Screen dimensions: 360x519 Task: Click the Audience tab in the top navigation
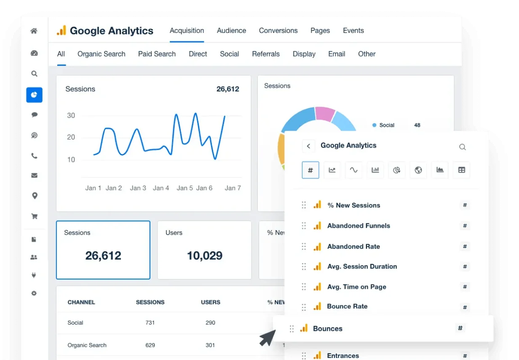pos(231,31)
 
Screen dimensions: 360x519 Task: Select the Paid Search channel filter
pos(157,54)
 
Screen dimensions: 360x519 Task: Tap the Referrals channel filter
pos(265,54)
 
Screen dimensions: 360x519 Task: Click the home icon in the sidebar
pos(34,31)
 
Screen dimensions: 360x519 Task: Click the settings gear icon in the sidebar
pos(34,293)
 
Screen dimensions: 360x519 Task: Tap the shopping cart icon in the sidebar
pos(34,217)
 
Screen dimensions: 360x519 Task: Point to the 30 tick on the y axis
pos(71,116)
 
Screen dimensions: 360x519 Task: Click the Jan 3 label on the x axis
pos(138,188)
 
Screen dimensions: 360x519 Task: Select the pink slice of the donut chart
pos(325,114)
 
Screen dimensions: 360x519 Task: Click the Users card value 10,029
pos(204,255)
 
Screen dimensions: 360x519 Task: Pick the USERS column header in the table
pos(210,302)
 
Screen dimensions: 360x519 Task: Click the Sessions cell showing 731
pos(150,323)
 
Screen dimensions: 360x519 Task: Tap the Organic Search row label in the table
pos(87,345)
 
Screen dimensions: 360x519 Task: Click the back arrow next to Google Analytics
pos(308,146)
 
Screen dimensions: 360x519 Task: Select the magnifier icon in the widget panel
pos(462,147)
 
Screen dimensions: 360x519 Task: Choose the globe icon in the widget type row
pos(418,170)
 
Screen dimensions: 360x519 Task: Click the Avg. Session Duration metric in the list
pos(362,266)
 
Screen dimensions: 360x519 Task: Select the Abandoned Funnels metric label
pos(358,226)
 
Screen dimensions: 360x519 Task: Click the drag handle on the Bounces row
pos(292,329)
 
